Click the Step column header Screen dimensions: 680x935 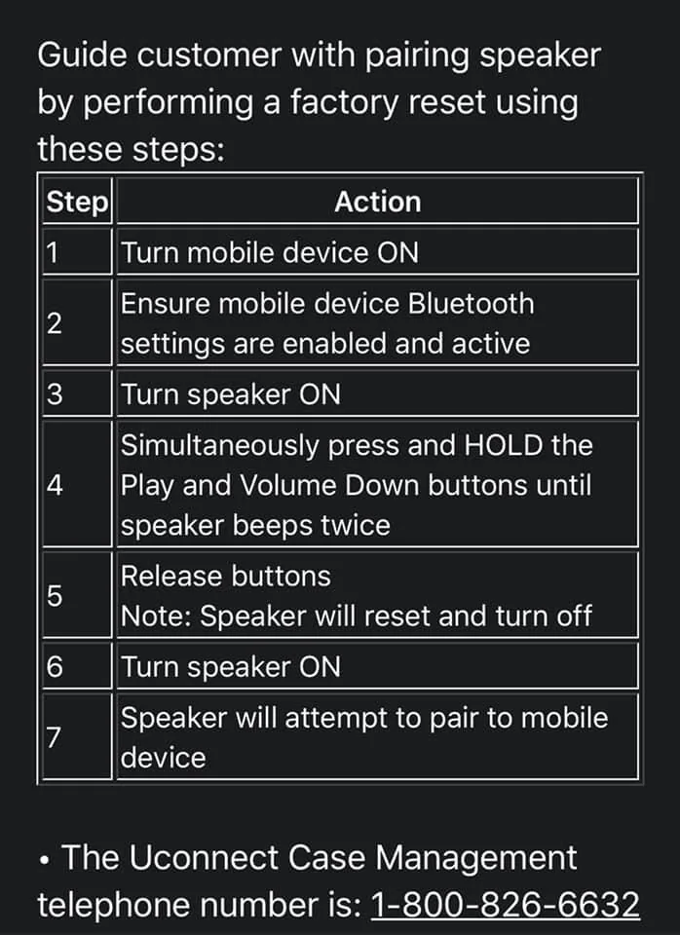(x=77, y=202)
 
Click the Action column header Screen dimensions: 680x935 (x=378, y=202)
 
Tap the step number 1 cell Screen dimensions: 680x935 (x=77, y=252)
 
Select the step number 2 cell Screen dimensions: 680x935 (x=77, y=322)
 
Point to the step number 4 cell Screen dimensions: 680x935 (x=77, y=485)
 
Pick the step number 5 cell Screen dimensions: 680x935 (x=77, y=595)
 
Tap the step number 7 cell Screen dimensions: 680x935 (x=77, y=737)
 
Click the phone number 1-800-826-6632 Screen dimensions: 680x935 (x=506, y=905)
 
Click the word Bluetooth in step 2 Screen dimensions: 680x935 (x=472, y=304)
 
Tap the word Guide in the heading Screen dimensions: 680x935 (x=82, y=56)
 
